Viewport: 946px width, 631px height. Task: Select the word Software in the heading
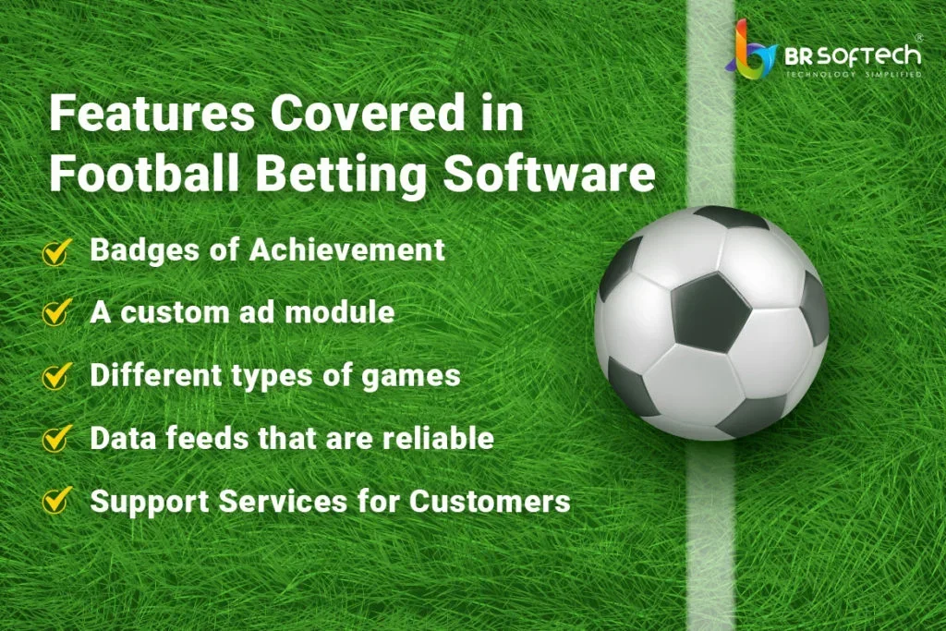[x=549, y=173]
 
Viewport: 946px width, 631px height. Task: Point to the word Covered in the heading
[x=369, y=114]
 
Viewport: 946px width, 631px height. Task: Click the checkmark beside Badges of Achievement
[x=56, y=251]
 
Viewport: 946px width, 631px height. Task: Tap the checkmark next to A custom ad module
[x=56, y=313]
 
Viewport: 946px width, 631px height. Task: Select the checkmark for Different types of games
[x=56, y=376]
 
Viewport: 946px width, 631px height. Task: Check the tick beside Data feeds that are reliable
[x=56, y=439]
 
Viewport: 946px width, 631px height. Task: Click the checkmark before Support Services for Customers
[x=56, y=501]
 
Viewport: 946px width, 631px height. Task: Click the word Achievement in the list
[x=347, y=249]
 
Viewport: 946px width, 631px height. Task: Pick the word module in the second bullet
[x=340, y=312]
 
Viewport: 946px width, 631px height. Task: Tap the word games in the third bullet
[x=411, y=377]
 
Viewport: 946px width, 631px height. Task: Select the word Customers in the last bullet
[x=490, y=502]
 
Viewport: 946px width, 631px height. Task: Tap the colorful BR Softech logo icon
[x=750, y=49]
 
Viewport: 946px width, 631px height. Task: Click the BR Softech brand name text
[x=853, y=56]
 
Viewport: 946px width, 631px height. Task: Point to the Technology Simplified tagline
[x=853, y=74]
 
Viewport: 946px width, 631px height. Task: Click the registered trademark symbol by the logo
[x=919, y=37]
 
